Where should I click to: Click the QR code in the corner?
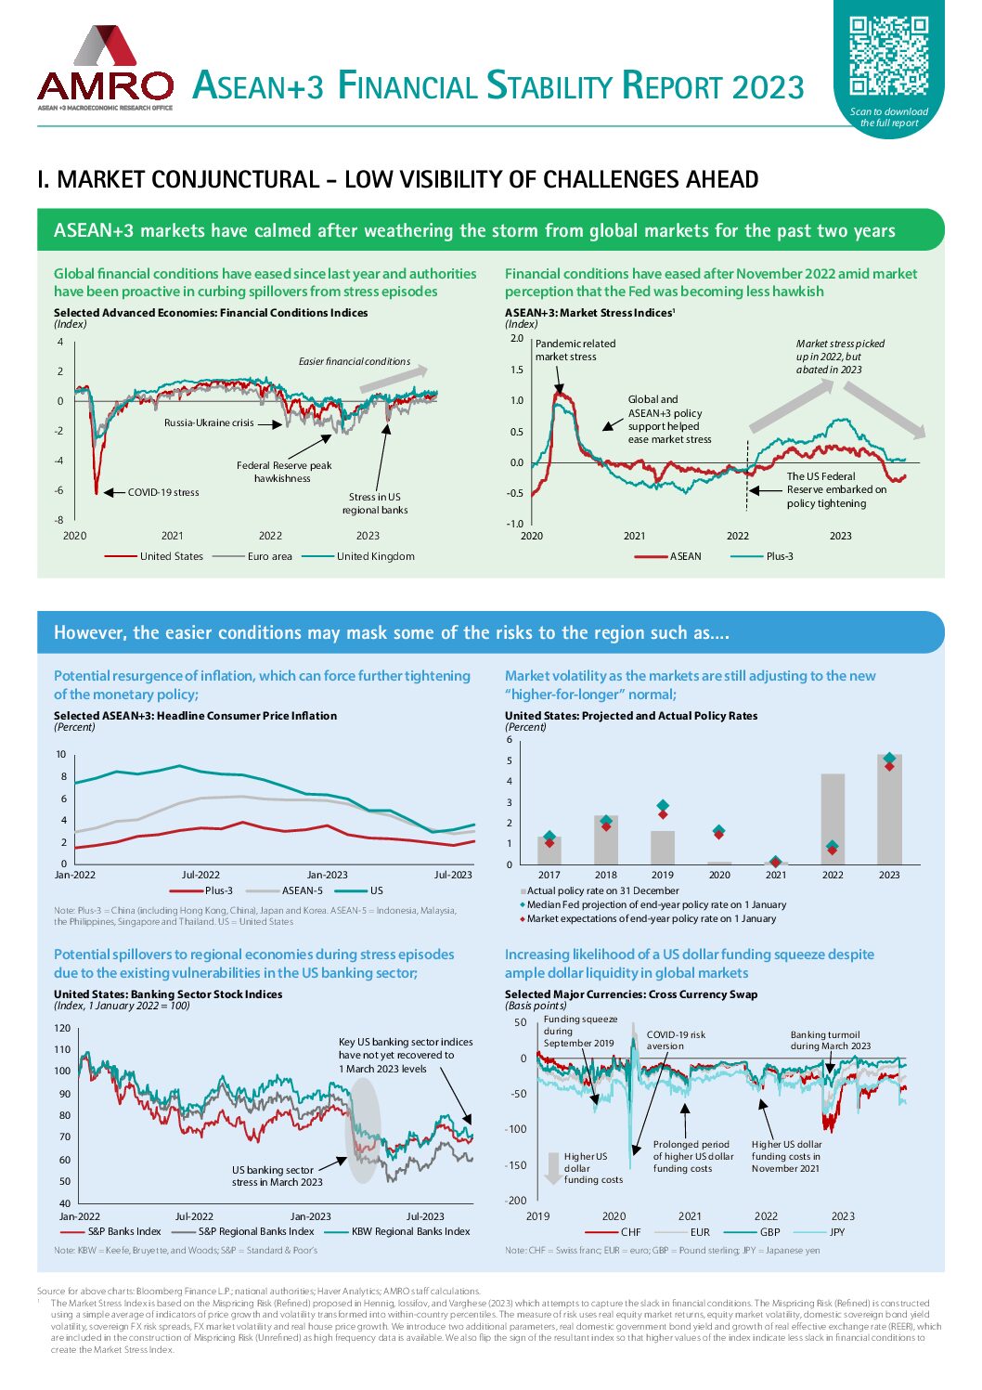tap(888, 55)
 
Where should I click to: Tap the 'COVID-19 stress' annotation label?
tap(163, 492)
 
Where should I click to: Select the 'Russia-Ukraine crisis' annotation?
tap(209, 422)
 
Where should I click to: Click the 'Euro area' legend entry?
tap(269, 556)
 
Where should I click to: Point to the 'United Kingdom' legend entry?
tap(375, 556)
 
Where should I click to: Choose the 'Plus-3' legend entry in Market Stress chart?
tap(779, 556)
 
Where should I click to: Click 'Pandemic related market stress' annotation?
tap(575, 350)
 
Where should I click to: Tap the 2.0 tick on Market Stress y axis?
tap(517, 338)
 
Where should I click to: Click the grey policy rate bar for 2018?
tap(606, 840)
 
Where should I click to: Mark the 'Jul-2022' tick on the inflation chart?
tap(200, 875)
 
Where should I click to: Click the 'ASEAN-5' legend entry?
tap(303, 890)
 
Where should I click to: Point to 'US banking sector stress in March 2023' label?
tap(277, 1176)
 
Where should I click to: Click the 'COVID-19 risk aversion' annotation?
tap(676, 1040)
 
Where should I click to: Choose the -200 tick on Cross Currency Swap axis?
tap(516, 1201)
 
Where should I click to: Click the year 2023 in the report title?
tap(768, 86)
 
